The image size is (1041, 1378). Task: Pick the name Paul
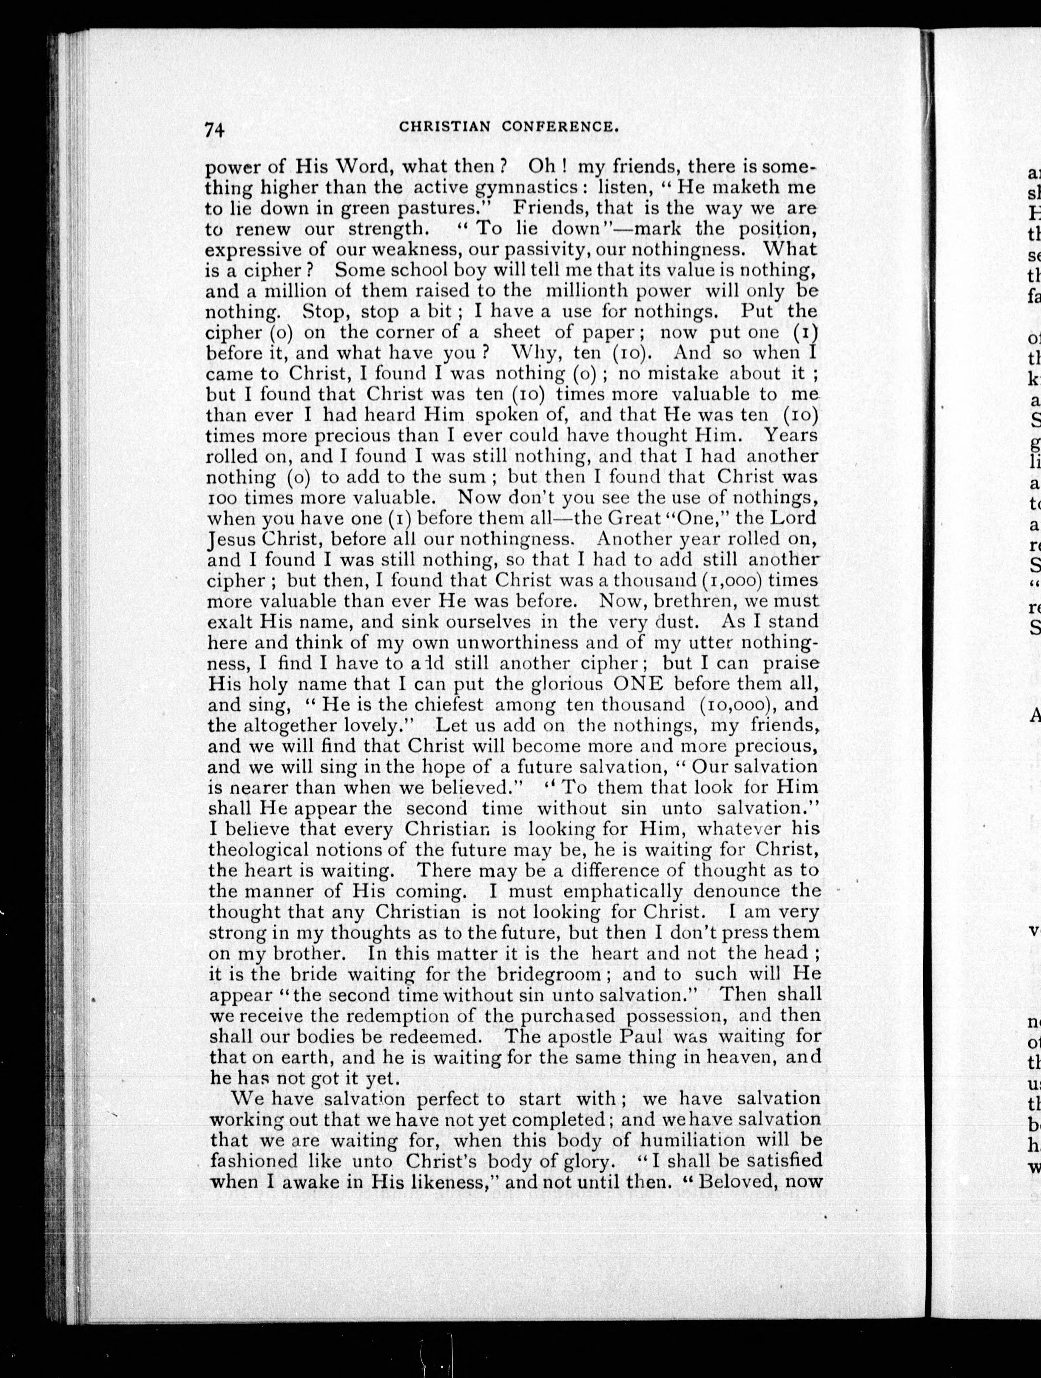(639, 1036)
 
